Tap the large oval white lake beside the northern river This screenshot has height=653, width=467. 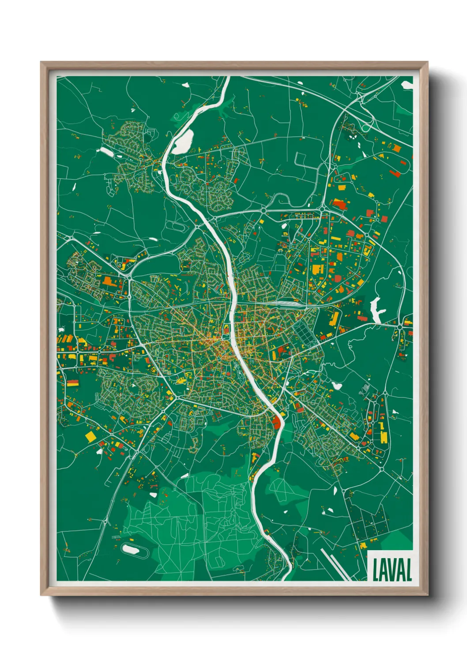(x=183, y=142)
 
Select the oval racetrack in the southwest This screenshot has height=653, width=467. (x=131, y=549)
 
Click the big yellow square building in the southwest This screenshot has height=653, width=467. (x=90, y=436)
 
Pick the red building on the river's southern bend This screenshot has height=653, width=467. (x=277, y=422)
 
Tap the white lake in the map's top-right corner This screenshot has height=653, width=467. (x=407, y=85)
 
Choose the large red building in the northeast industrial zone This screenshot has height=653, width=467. (x=339, y=204)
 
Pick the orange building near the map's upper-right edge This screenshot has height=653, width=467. (x=397, y=149)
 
